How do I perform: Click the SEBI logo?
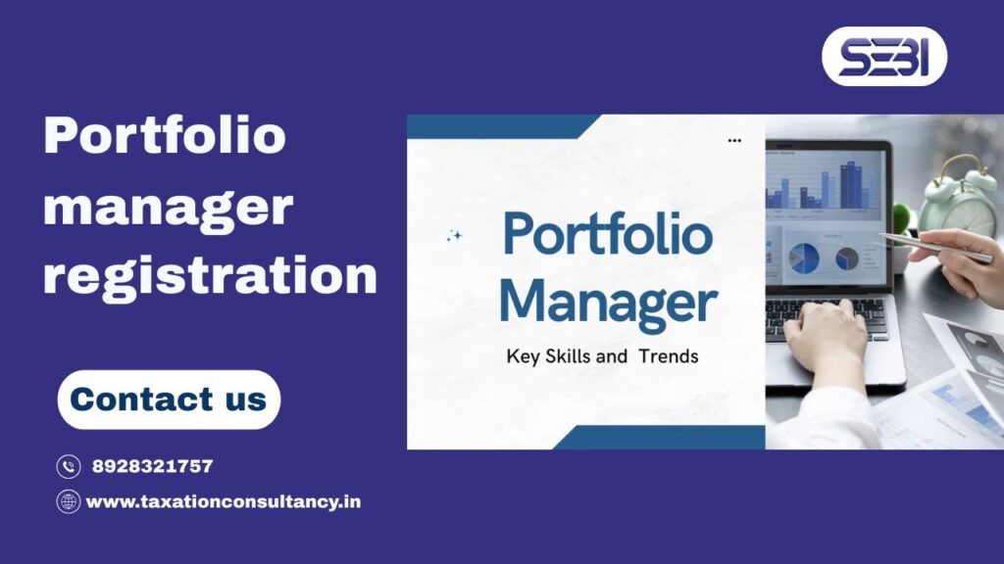click(883, 56)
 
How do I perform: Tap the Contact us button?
click(169, 399)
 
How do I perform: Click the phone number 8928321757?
click(152, 466)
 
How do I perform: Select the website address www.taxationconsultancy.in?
click(224, 501)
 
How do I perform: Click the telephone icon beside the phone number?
click(68, 467)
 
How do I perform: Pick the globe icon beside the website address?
click(68, 502)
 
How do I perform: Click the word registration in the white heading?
click(209, 275)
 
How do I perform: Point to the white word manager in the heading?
click(168, 207)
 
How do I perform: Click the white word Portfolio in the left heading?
click(165, 135)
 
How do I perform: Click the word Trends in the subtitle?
click(668, 356)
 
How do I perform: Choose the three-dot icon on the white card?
click(734, 141)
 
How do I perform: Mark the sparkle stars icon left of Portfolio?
click(453, 235)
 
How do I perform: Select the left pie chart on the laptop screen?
click(804, 258)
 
